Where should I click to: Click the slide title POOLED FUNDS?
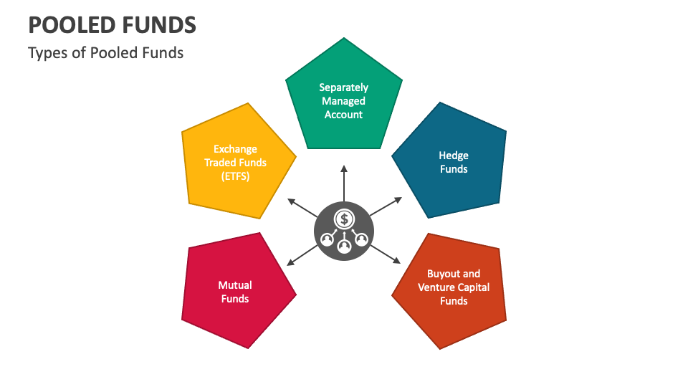tap(112, 25)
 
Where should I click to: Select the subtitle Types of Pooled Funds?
tap(105, 53)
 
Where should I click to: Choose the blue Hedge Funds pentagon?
tap(452, 161)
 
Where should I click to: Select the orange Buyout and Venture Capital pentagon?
tap(452, 290)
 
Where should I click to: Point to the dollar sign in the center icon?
tap(344, 218)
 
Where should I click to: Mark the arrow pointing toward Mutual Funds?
tap(302, 255)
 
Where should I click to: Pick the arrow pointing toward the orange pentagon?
tap(386, 254)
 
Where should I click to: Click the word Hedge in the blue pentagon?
tap(454, 156)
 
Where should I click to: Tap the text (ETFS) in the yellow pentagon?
tap(236, 176)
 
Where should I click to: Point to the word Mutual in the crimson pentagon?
tap(235, 285)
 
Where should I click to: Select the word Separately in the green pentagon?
tap(344, 87)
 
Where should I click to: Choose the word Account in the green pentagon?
tap(344, 115)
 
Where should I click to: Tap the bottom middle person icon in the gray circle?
tap(344, 246)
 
